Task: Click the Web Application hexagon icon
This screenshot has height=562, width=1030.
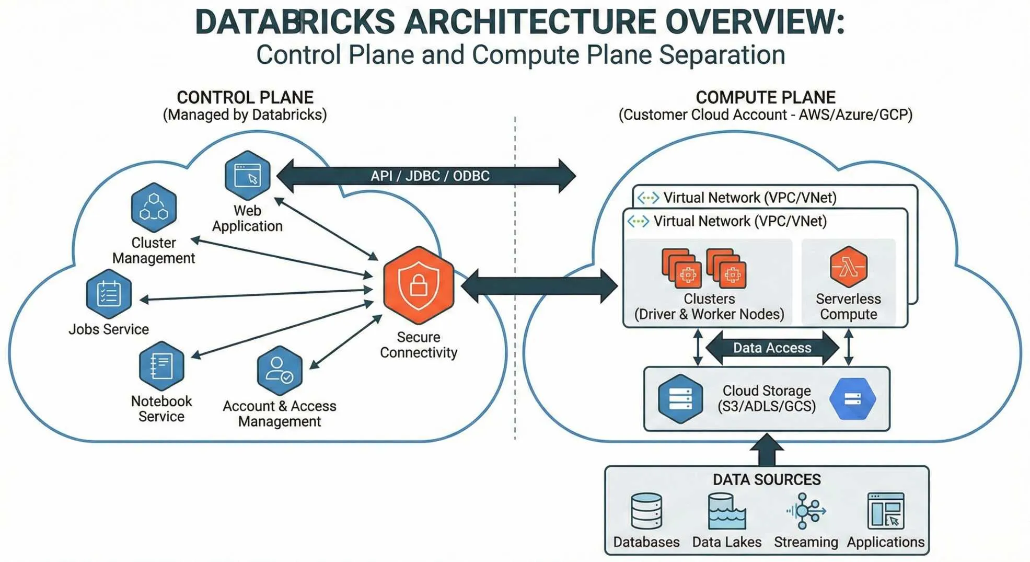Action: (x=247, y=175)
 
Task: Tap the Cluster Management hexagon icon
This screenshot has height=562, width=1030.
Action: (x=154, y=208)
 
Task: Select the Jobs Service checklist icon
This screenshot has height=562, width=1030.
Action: (x=109, y=294)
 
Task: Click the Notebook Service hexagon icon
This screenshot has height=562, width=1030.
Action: (x=161, y=366)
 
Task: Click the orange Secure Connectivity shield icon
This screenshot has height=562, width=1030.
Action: (x=418, y=285)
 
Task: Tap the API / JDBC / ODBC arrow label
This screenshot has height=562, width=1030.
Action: (x=430, y=176)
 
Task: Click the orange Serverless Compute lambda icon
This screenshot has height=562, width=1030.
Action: (x=848, y=267)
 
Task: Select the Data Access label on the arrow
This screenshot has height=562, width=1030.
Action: (x=772, y=348)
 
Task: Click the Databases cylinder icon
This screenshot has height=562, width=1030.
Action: (x=646, y=511)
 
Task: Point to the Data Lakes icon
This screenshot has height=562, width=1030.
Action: (x=726, y=511)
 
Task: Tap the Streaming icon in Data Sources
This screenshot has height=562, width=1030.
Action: (x=805, y=511)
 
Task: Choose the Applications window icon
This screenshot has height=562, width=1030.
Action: (x=885, y=511)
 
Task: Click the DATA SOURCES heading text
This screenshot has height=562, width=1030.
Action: (x=766, y=479)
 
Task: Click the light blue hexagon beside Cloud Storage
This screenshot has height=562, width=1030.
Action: (x=852, y=399)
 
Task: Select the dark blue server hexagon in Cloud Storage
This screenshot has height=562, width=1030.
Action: (x=680, y=399)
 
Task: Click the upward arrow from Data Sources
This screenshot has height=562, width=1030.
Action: (x=766, y=450)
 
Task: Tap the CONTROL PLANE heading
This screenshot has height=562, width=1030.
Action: (x=245, y=97)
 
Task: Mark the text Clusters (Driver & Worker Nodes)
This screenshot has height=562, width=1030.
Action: (x=709, y=306)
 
